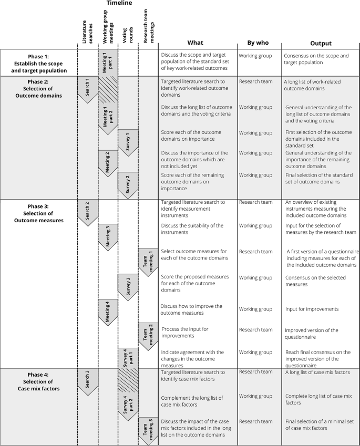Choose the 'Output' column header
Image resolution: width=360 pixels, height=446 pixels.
[x=320, y=43]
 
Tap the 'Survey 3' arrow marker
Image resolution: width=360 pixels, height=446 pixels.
[x=128, y=287]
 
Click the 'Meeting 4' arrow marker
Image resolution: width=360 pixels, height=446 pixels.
[x=108, y=311]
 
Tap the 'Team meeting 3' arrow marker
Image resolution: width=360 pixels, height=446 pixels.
[x=148, y=430]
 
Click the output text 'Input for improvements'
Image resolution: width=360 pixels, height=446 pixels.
[x=311, y=309]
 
